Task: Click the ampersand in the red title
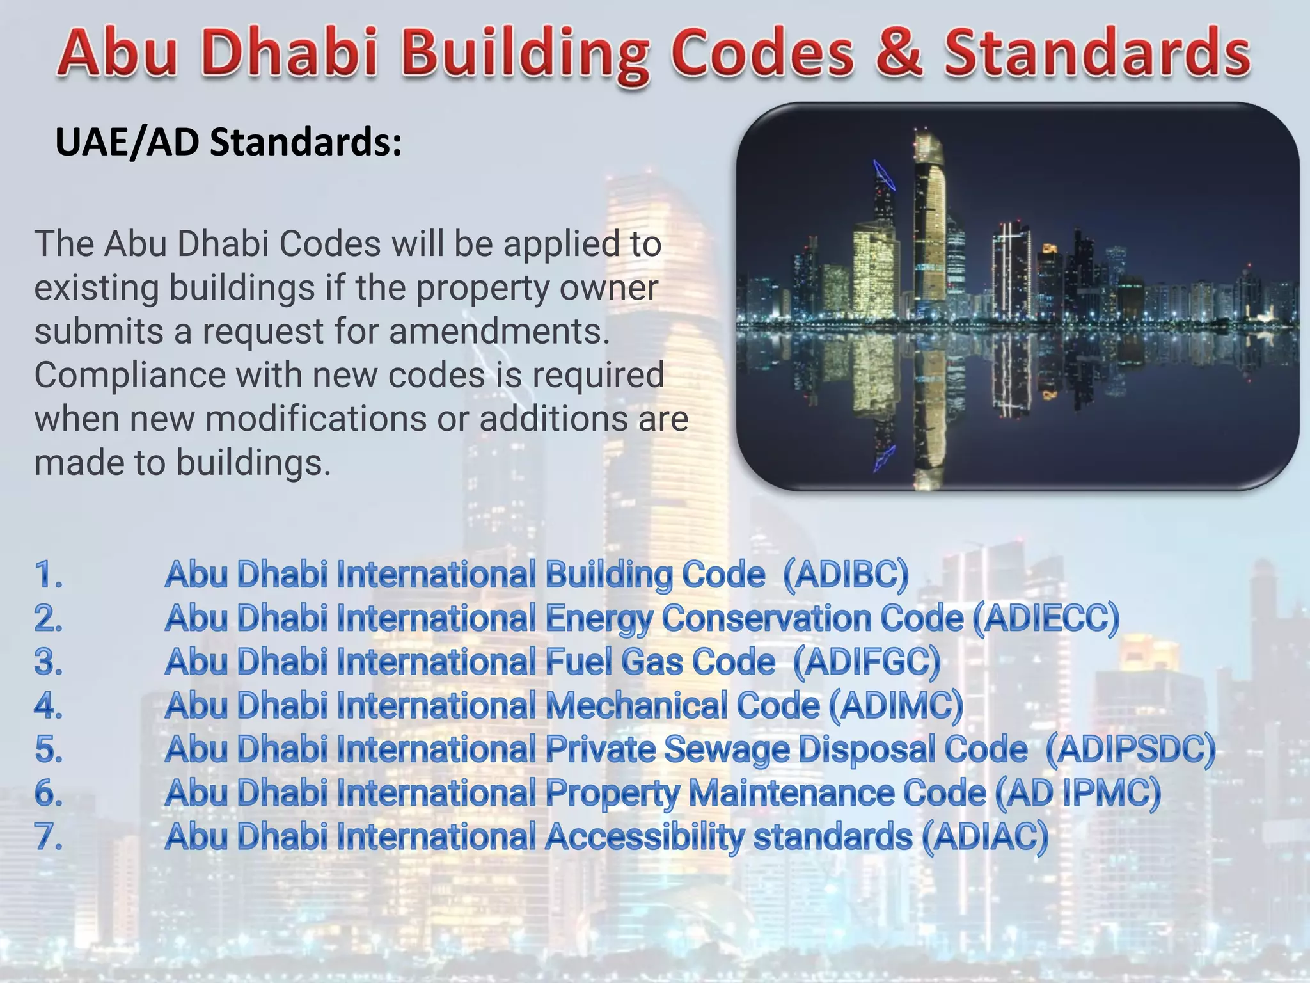click(x=899, y=52)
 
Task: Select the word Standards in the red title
click(x=1096, y=52)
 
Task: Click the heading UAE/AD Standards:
click(x=228, y=141)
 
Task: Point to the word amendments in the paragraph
click(x=499, y=332)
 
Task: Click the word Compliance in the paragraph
click(x=129, y=376)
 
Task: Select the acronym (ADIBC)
click(x=846, y=574)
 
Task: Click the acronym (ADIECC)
click(x=1046, y=618)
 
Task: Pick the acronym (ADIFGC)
click(x=867, y=662)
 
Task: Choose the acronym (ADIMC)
click(x=896, y=705)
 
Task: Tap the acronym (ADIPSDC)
click(x=1130, y=749)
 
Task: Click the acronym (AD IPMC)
click(x=1078, y=793)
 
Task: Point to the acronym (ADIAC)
click(x=985, y=836)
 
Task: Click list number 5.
click(x=49, y=749)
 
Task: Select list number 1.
click(x=49, y=574)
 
